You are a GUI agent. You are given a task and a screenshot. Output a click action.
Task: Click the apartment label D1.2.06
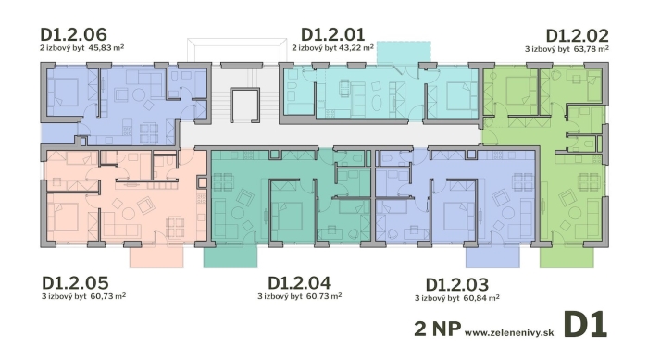(73, 33)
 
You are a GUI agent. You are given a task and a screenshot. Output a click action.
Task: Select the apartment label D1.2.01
(332, 34)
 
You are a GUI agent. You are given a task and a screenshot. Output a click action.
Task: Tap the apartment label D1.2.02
(577, 35)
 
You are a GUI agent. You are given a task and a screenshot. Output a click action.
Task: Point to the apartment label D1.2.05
(75, 283)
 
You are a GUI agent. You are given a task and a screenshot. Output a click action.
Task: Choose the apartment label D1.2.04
(299, 283)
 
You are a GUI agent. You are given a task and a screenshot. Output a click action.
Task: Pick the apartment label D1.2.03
(457, 285)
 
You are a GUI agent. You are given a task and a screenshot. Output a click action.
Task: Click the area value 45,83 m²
(107, 47)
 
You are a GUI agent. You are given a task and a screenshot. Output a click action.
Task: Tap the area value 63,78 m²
(592, 49)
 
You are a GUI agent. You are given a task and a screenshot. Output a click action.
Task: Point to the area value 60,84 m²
(482, 298)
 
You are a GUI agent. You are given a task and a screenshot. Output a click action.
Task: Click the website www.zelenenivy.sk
(509, 332)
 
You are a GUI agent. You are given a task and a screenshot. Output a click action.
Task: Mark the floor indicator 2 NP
(438, 329)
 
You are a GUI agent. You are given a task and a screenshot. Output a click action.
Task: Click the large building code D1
(586, 325)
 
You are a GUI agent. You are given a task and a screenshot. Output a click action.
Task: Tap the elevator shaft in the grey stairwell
(245, 105)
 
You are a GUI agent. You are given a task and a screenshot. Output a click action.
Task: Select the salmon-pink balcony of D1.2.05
(156, 256)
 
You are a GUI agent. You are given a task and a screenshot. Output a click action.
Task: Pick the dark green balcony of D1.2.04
(231, 256)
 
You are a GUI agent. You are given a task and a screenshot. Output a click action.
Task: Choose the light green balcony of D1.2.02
(567, 256)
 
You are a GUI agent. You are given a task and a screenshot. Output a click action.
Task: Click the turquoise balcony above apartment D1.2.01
(404, 53)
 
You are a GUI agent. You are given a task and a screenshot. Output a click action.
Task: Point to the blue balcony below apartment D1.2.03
(492, 256)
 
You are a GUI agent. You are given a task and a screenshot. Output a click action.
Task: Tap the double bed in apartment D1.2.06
(63, 92)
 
